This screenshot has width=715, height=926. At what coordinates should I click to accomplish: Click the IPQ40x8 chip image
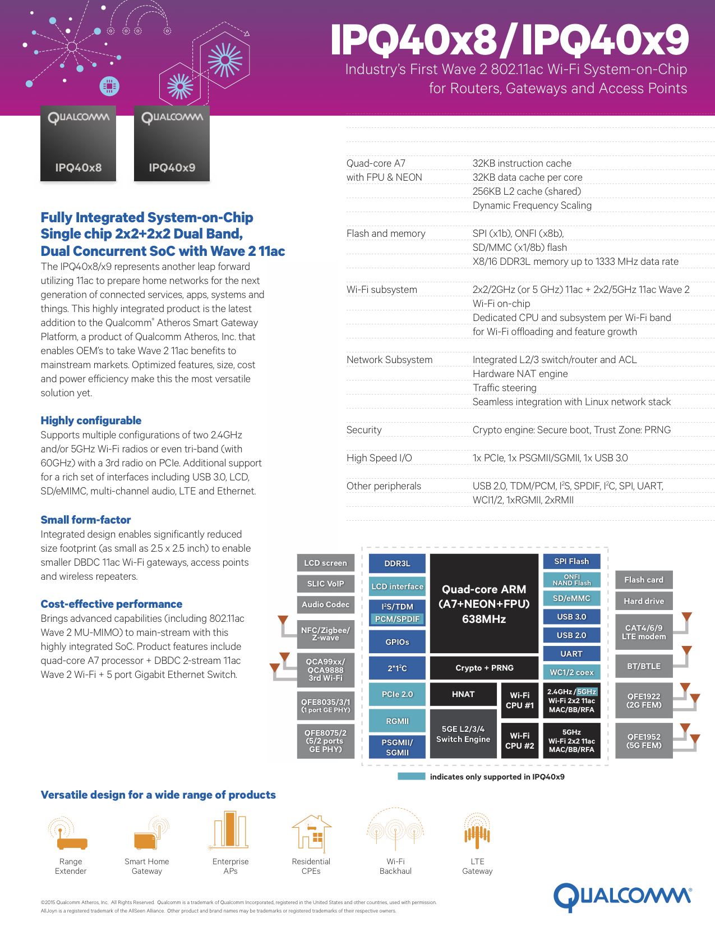click(78, 144)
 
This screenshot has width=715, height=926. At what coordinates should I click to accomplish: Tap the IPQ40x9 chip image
click(172, 144)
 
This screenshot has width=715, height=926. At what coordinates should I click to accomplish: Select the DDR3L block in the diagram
click(397, 563)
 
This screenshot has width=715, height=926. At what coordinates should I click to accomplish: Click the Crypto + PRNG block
click(484, 668)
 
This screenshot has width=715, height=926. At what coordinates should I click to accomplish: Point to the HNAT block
click(463, 694)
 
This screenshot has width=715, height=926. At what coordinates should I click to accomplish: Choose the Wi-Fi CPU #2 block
click(519, 740)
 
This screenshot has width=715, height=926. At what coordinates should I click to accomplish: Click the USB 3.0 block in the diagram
click(571, 617)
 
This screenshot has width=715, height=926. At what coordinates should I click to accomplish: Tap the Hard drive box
click(644, 601)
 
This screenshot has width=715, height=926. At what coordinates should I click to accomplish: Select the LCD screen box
click(325, 563)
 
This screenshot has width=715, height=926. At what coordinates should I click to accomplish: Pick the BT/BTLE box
click(644, 666)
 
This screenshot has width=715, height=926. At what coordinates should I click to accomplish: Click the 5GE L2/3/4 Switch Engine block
click(463, 734)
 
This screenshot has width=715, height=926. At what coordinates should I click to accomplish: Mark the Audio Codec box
click(325, 604)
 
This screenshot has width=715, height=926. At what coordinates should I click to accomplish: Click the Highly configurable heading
click(91, 420)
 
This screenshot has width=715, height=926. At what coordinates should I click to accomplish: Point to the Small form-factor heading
click(86, 520)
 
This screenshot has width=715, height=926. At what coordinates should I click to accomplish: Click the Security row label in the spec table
click(364, 430)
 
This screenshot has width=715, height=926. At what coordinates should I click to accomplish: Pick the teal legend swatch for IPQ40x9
click(411, 777)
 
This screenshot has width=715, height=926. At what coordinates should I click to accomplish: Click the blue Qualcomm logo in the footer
click(622, 896)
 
